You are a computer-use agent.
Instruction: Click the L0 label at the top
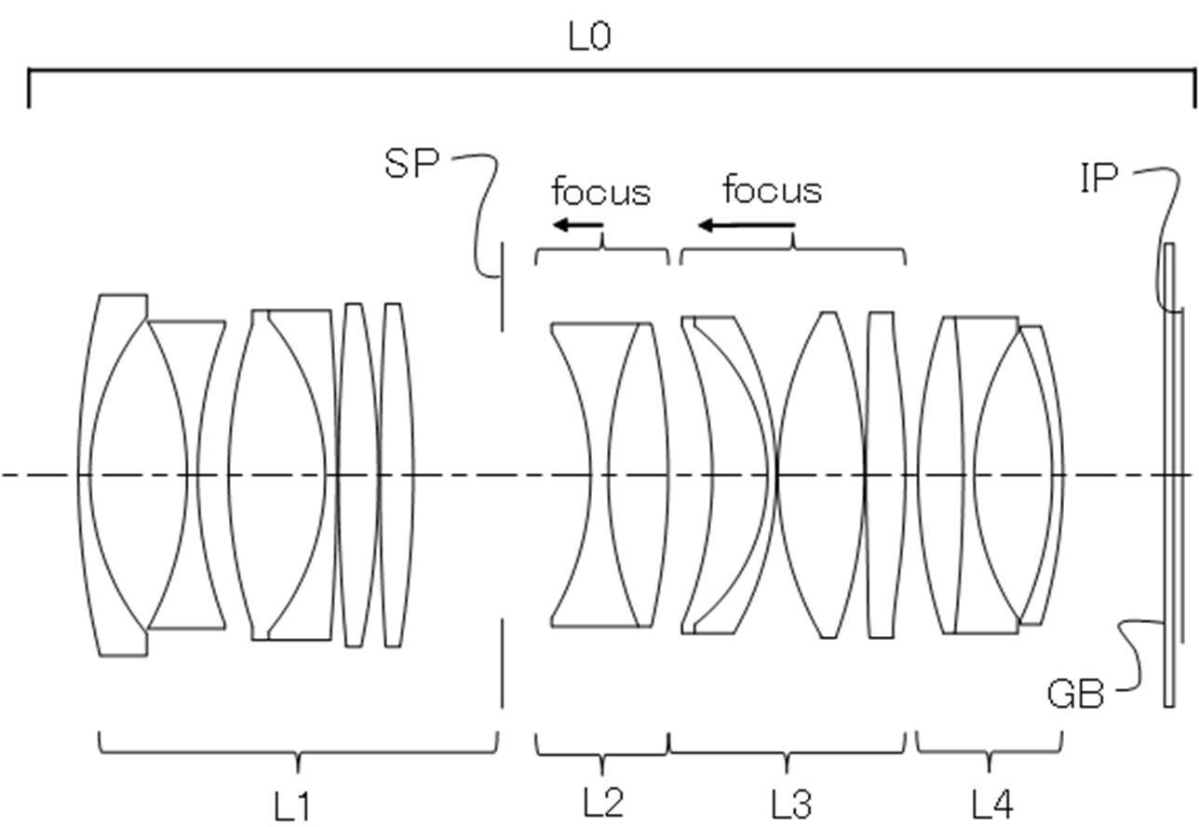[x=589, y=37]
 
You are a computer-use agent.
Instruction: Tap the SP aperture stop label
[x=411, y=163]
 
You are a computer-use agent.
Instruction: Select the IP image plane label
[x=1099, y=178]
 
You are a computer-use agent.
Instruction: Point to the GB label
[x=1075, y=694]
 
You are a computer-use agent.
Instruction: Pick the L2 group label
[x=603, y=803]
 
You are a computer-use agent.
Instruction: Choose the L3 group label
[x=791, y=804]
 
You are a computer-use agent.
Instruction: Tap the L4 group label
[x=992, y=805]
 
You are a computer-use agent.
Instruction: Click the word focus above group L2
[x=601, y=192]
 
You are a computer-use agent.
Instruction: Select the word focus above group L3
[x=773, y=190]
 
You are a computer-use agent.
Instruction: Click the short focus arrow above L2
[x=578, y=225]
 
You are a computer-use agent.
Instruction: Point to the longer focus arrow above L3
[x=747, y=225]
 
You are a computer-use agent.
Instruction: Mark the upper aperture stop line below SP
[x=502, y=287]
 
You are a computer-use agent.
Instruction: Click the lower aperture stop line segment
[x=502, y=664]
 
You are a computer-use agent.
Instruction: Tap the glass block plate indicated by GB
[x=1169, y=475]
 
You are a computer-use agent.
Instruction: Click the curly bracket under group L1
[x=298, y=752]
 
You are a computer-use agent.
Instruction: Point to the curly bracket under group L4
[x=990, y=752]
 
